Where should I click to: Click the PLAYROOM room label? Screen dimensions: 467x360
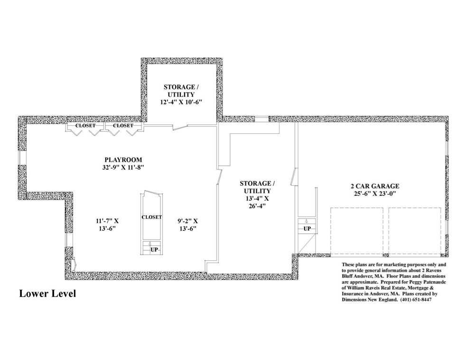pyautogui.click(x=123, y=160)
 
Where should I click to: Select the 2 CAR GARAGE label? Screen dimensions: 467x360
pyautogui.click(x=374, y=186)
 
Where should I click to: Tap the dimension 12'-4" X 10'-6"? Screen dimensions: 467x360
pyautogui.click(x=181, y=102)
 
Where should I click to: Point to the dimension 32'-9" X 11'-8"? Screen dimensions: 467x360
pyautogui.click(x=123, y=168)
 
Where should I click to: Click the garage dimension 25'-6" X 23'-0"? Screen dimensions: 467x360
pyautogui.click(x=374, y=194)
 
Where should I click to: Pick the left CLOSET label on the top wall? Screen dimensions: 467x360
pyautogui.click(x=85, y=126)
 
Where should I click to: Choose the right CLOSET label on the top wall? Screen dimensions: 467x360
pyautogui.click(x=123, y=126)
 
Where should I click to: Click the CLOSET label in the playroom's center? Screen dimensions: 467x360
pyautogui.click(x=152, y=217)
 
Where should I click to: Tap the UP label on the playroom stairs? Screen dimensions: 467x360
pyautogui.click(x=154, y=250)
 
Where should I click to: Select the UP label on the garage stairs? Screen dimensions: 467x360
pyautogui.click(x=307, y=229)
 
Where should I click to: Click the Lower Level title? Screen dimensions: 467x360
pyautogui.click(x=47, y=294)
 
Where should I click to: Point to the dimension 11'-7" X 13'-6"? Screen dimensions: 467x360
pyautogui.click(x=107, y=225)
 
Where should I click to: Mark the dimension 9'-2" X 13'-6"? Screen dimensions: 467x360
pyautogui.click(x=187, y=225)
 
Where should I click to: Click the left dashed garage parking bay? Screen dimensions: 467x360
pyautogui.click(x=357, y=232)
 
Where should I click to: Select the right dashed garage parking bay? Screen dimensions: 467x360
pyautogui.click(x=415, y=232)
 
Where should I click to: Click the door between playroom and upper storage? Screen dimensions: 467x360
pyautogui.click(x=180, y=127)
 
